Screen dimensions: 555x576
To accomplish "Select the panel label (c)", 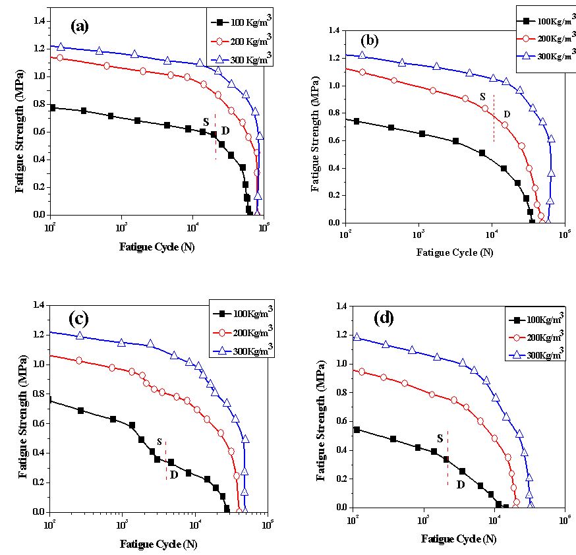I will (x=78, y=318).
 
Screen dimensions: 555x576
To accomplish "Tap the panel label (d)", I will (x=383, y=318).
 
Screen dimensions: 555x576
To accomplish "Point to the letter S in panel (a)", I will (x=206, y=122).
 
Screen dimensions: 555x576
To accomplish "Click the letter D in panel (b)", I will (x=507, y=114).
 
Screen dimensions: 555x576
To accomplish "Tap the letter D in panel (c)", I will (x=174, y=474).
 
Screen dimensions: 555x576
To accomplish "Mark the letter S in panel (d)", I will (x=440, y=438).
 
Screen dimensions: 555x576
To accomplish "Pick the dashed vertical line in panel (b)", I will (x=494, y=119).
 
